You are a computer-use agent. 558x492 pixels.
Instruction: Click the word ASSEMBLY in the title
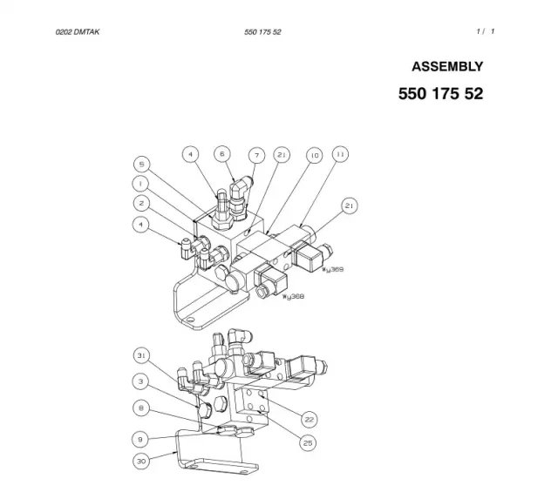447,67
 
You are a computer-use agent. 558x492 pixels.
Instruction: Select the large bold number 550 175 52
440,94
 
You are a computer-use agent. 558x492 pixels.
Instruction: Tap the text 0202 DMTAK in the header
78,32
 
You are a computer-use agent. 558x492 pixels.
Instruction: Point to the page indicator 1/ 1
486,31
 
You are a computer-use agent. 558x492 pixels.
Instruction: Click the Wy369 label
333,269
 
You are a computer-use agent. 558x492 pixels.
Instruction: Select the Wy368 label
293,296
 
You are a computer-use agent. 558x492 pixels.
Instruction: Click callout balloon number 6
222,154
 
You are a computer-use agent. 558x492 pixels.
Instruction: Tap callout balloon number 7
257,155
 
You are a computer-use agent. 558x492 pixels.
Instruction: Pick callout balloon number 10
315,155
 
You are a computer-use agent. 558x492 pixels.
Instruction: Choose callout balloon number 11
341,154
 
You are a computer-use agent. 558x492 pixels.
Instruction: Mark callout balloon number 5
141,165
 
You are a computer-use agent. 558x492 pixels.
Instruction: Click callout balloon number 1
140,184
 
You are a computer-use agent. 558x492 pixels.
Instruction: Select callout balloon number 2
141,204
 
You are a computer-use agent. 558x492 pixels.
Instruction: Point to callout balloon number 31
141,355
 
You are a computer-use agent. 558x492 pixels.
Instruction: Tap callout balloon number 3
140,381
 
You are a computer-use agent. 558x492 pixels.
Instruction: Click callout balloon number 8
141,408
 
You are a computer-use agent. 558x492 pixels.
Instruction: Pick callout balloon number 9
139,440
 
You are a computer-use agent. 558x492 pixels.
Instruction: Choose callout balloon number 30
141,461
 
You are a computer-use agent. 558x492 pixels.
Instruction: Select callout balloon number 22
309,420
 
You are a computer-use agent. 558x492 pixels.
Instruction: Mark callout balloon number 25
308,443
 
